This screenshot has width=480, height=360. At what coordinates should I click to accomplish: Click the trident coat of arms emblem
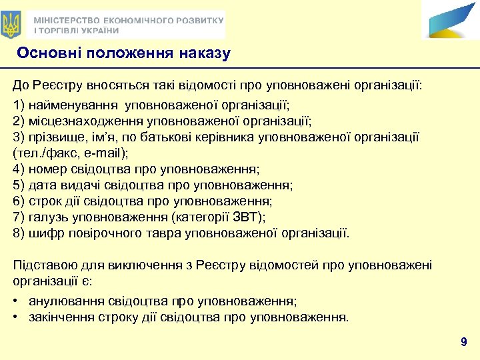click(11, 25)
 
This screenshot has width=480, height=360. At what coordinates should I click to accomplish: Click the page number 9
click(463, 343)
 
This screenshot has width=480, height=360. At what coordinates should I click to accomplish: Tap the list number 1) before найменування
click(19, 105)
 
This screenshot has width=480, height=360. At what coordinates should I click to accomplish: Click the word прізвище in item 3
click(52, 137)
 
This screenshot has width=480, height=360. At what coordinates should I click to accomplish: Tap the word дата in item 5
click(41, 185)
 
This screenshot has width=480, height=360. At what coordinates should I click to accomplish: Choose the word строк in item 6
click(44, 201)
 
